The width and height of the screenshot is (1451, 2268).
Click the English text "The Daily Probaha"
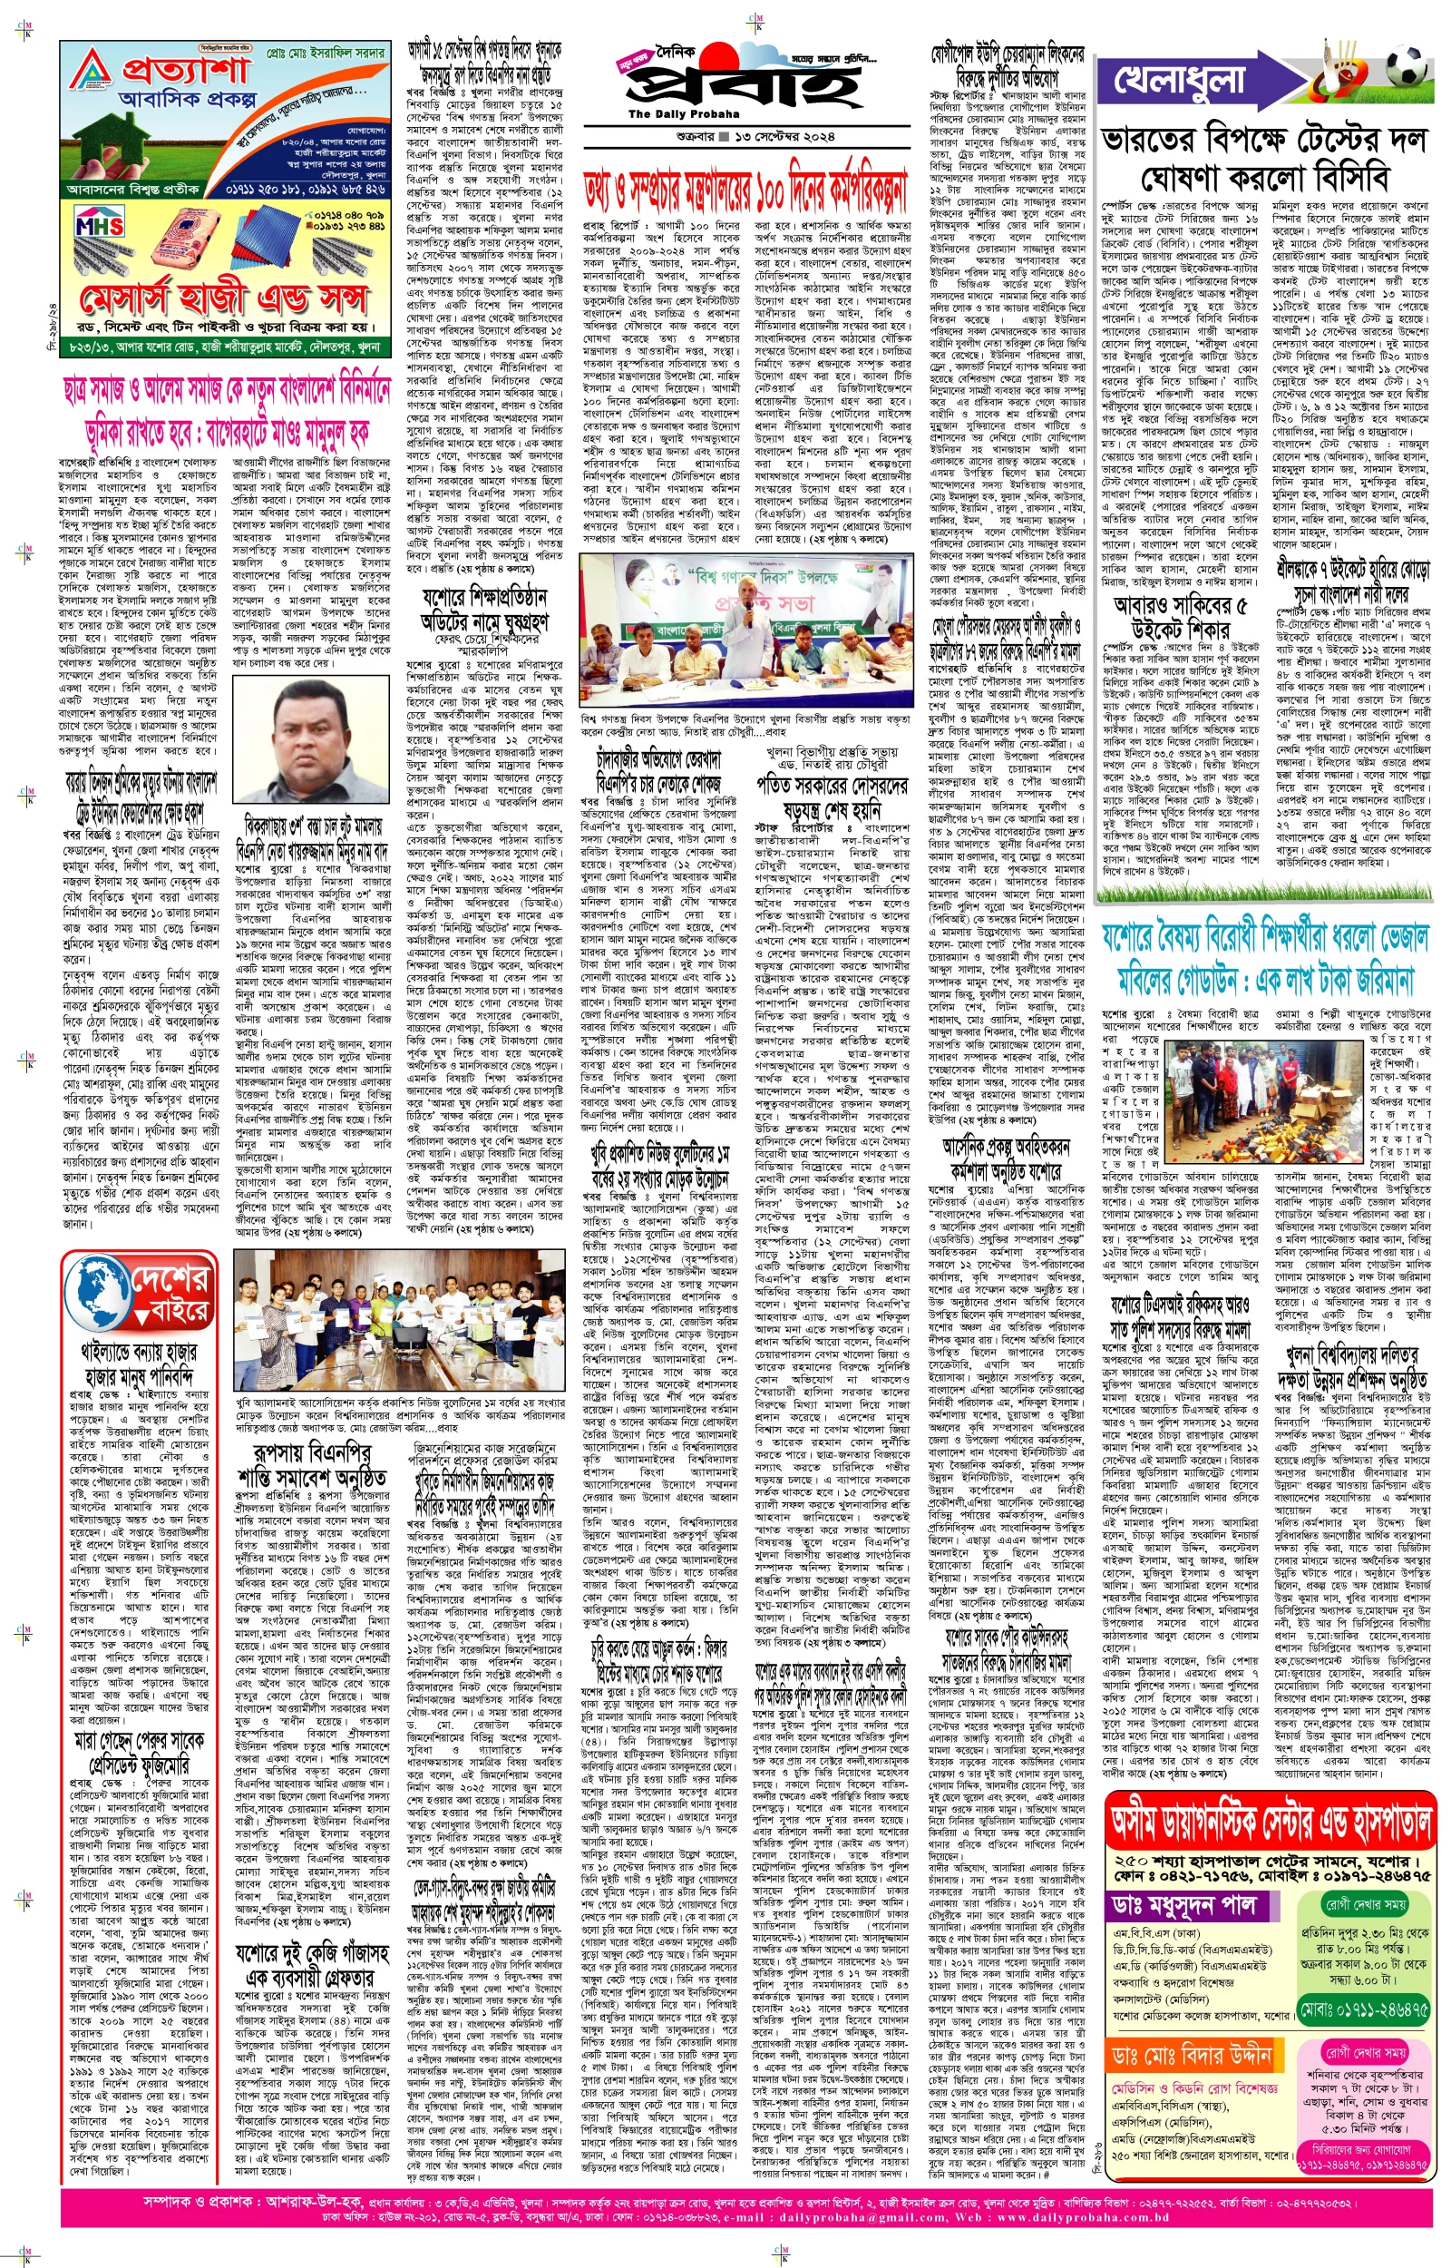point(671,114)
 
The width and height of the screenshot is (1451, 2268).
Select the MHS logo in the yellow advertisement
point(99,227)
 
